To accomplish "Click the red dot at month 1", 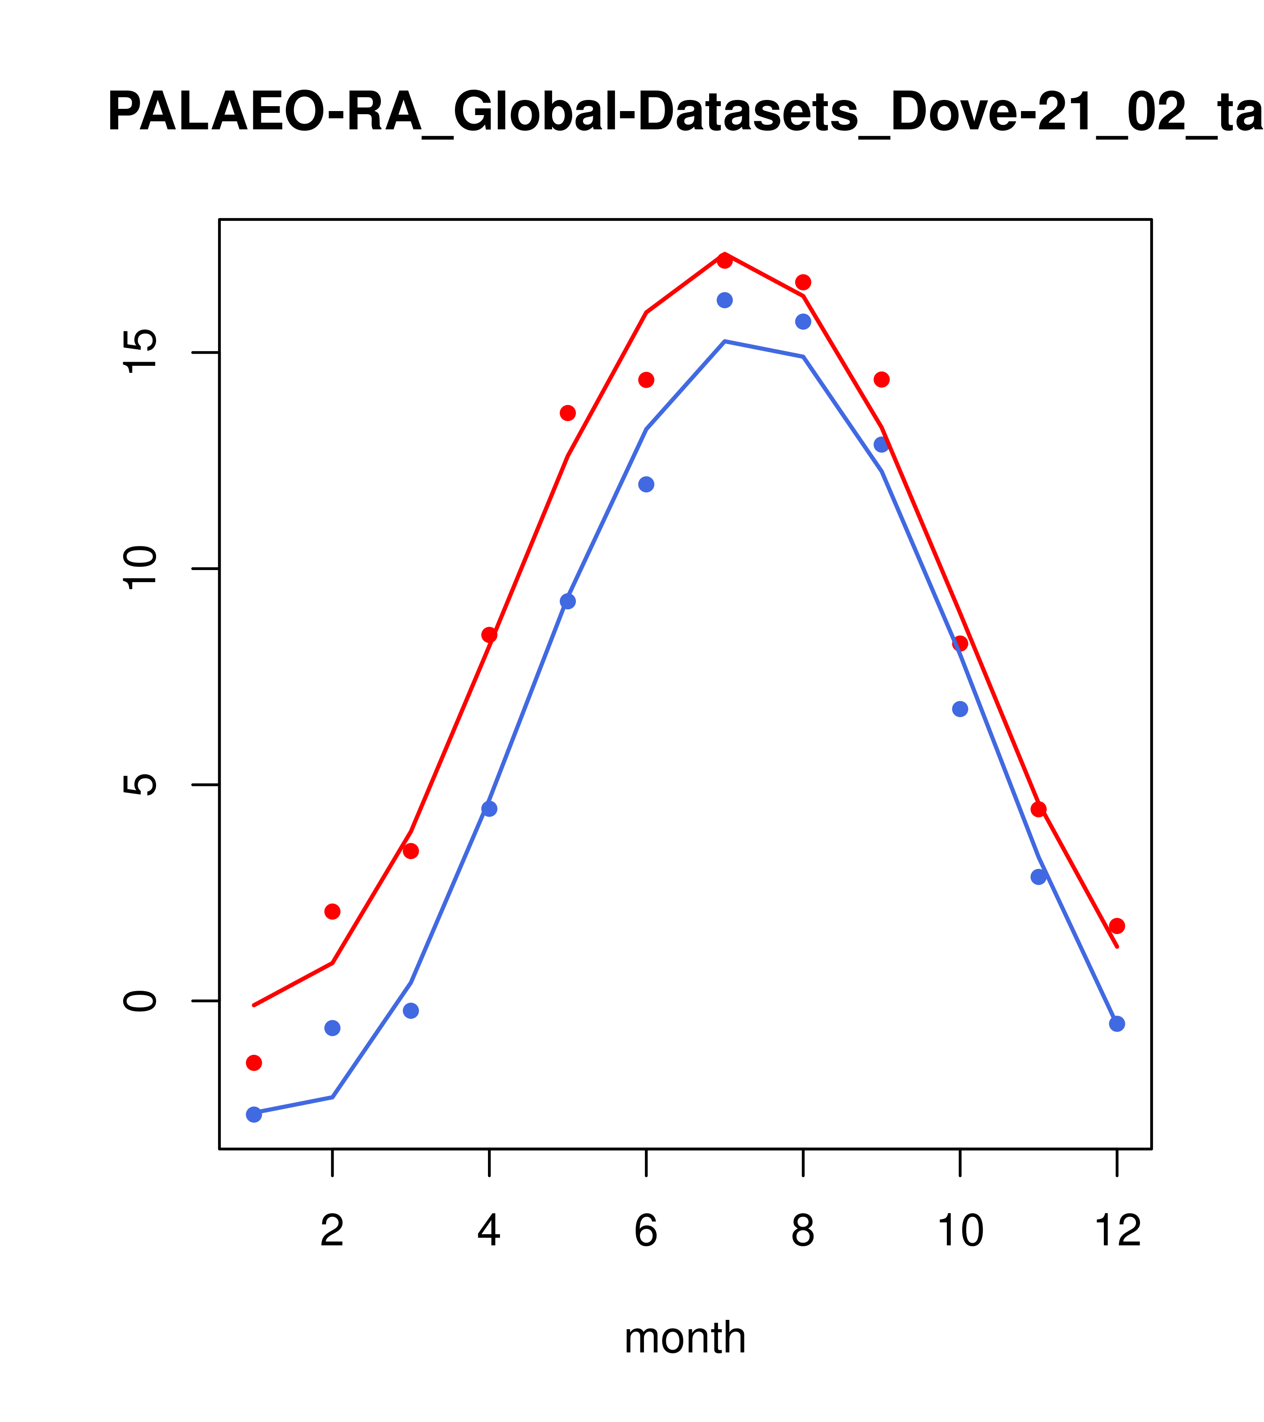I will [x=254, y=1062].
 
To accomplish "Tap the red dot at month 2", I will [x=333, y=911].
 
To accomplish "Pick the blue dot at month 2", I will [x=333, y=1028].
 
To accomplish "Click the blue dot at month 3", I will [x=411, y=1011].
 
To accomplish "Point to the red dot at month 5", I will [x=568, y=413].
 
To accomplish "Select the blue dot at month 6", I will [x=646, y=484].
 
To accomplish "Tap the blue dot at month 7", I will [x=725, y=300].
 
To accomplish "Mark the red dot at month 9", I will [x=881, y=379].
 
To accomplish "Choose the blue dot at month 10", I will [x=960, y=709].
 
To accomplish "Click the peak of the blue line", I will [x=725, y=342].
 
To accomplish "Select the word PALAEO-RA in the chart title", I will [x=264, y=113].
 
